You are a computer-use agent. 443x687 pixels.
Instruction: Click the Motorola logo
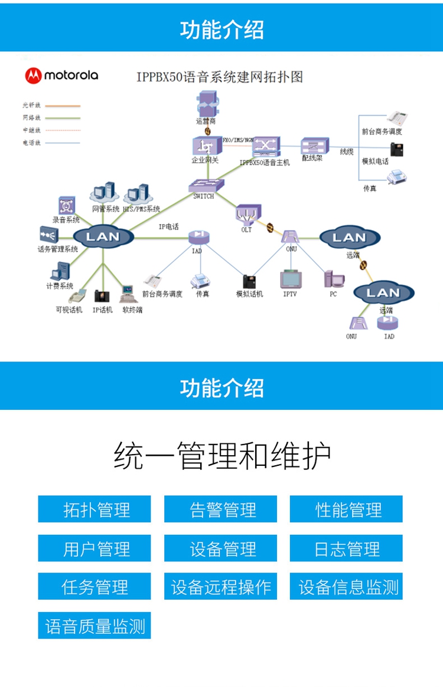61,75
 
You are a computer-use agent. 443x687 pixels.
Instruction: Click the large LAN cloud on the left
103,237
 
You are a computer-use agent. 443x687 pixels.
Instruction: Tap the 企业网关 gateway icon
204,145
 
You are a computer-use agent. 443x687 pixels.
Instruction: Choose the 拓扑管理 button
95,509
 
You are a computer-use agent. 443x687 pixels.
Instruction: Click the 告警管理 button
220,509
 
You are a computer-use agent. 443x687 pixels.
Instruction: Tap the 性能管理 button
346,509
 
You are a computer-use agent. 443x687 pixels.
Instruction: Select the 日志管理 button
346,548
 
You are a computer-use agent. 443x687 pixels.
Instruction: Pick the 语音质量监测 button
95,626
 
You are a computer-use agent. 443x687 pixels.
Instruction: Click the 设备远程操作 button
220,587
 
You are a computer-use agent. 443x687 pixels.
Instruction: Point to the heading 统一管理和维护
221,456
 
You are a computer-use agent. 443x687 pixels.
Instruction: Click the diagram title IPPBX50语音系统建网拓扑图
219,77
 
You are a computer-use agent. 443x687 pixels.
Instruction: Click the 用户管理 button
95,548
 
